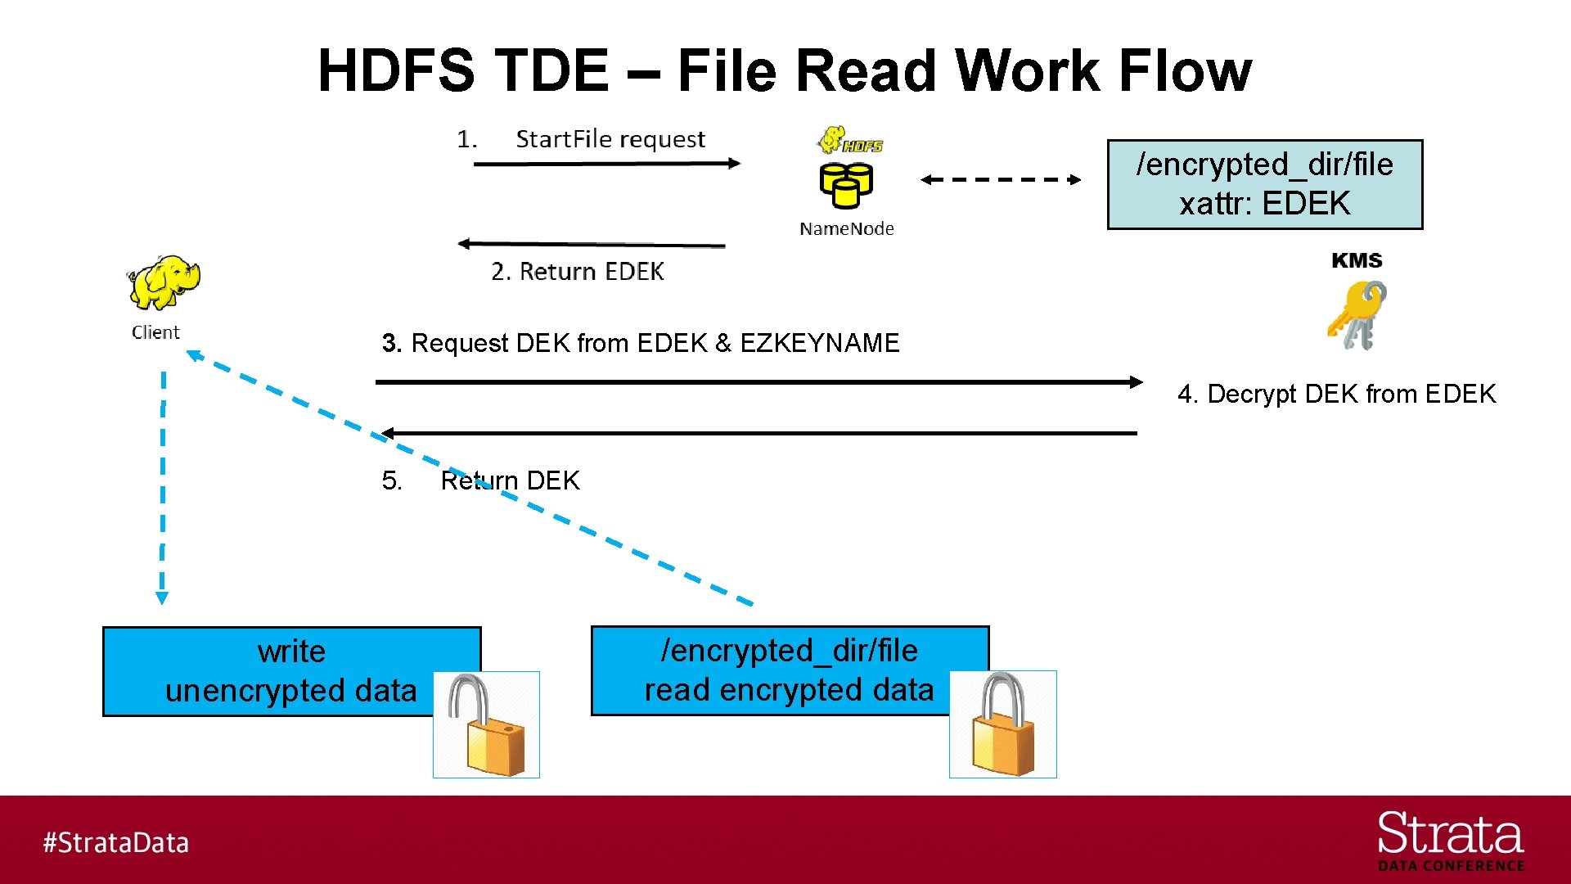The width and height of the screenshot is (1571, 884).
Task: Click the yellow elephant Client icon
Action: [x=164, y=282]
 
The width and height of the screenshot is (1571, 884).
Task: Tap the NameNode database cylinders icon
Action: [x=846, y=186]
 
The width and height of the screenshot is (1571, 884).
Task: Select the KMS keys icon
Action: [x=1357, y=315]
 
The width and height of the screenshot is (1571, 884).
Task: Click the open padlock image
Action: [x=486, y=725]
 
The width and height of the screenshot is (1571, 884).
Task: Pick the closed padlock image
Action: [x=1002, y=724]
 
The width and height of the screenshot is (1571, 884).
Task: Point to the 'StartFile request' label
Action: [x=610, y=139]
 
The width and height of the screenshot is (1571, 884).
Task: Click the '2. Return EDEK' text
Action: [x=577, y=271]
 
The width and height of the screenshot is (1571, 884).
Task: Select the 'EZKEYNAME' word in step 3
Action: [x=819, y=343]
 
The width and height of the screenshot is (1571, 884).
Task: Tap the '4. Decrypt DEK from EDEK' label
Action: [x=1336, y=394]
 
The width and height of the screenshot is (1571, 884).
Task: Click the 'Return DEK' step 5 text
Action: [x=510, y=480]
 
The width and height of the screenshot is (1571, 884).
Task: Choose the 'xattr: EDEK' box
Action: [x=1264, y=184]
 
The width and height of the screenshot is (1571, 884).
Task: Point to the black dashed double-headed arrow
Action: [x=1000, y=179]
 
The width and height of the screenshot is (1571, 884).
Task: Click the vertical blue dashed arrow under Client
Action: [x=163, y=487]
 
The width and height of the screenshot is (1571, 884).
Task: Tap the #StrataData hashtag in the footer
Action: [x=115, y=842]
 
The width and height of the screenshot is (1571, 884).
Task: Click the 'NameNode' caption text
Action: [x=846, y=229]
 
